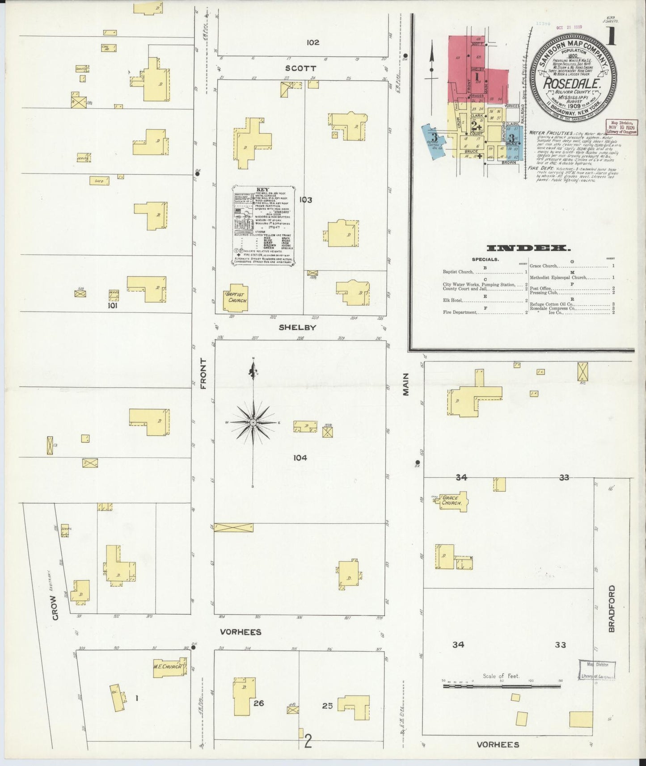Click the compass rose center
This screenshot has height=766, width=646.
(253, 422)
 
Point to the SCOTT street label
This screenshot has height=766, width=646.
(301, 68)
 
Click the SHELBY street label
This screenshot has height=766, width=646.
(297, 327)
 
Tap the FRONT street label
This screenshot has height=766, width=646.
(203, 373)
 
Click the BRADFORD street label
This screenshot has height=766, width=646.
(611, 608)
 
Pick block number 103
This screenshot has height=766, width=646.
(306, 200)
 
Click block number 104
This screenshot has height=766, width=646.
(300, 458)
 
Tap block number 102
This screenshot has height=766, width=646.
(313, 42)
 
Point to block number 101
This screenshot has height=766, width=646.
(112, 306)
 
